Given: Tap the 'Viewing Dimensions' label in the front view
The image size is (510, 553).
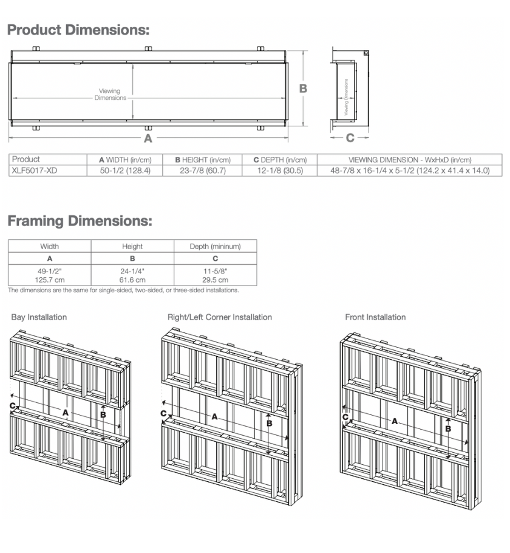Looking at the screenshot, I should click(x=110, y=95).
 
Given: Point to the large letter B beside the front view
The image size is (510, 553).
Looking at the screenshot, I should click(x=304, y=89).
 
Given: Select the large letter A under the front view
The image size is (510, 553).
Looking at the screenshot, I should click(x=147, y=139).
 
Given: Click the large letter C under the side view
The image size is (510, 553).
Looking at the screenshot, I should click(x=350, y=139).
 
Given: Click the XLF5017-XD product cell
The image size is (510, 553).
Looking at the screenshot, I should click(x=35, y=171).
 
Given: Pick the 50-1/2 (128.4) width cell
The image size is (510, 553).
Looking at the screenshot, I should click(x=125, y=171).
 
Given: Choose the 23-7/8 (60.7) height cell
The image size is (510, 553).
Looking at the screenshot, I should click(x=203, y=171).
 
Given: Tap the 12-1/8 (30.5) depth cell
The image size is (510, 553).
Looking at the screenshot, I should click(x=280, y=171).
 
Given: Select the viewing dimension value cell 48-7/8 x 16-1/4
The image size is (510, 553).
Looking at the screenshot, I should click(x=410, y=171).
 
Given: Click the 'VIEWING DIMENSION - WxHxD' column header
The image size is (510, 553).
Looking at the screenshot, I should click(x=410, y=160).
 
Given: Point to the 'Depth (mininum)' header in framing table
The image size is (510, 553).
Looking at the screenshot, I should click(x=215, y=247).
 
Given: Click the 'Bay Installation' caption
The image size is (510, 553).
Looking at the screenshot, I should click(x=39, y=317).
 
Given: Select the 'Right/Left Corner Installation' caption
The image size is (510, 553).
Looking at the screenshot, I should click(x=219, y=317).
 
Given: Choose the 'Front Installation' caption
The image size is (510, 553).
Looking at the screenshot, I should click(x=375, y=317).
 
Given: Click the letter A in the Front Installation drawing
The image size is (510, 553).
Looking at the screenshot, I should click(x=395, y=421).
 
